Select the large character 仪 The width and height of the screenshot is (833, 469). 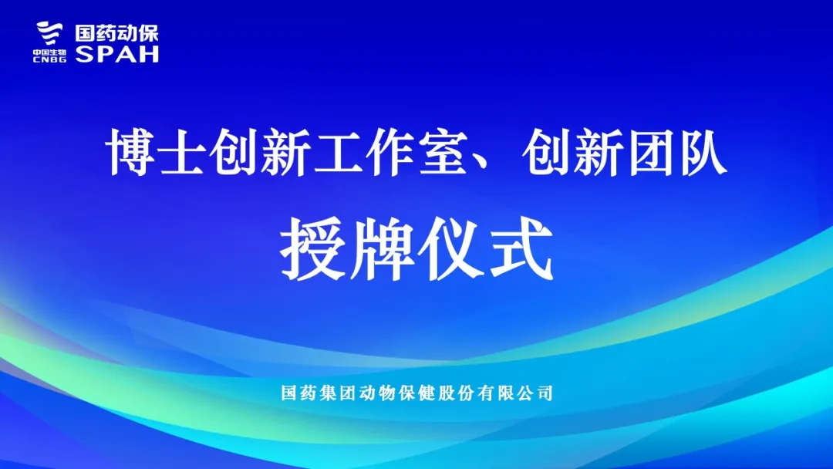[x=451, y=248]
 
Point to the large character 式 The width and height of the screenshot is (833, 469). [x=521, y=248]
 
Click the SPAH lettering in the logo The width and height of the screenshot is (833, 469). [x=117, y=54]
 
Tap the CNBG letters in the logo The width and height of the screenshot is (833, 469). [x=49, y=59]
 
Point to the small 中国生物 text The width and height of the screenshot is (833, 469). [x=49, y=52]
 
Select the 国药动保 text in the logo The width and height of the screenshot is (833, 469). [x=117, y=33]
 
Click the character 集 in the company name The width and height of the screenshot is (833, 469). [x=326, y=393]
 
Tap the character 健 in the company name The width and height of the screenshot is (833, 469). [x=427, y=393]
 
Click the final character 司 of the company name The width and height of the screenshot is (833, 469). [x=545, y=393]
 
